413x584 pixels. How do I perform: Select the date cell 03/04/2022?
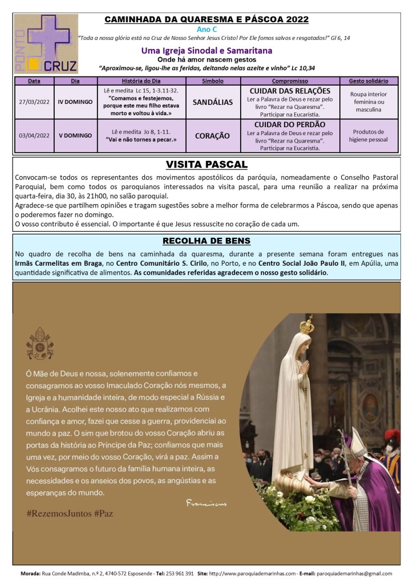click(34, 136)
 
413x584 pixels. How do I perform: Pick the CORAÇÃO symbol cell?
click(212, 136)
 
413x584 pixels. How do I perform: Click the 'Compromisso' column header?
click(289, 81)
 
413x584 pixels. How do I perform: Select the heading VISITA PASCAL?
click(206, 165)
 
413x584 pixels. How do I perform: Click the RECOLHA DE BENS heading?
click(206, 240)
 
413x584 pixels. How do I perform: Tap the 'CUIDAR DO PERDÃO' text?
click(289, 124)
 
